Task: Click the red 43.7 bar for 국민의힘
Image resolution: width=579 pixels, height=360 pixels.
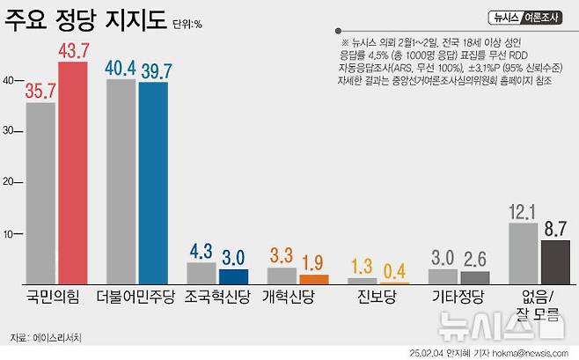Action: click(73, 173)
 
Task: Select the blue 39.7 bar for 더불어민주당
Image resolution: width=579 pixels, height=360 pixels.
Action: click(153, 182)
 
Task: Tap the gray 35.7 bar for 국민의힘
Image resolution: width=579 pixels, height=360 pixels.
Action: click(40, 193)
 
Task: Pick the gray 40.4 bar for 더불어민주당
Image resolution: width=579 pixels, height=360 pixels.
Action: click(121, 180)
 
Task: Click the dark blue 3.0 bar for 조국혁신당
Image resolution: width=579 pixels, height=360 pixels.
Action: click(233, 276)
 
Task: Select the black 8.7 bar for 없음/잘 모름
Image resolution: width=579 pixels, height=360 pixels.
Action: click(556, 261)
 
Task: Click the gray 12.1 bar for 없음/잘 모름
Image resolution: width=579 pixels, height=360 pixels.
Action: click(524, 253)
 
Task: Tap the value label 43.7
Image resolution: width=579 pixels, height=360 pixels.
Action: click(73, 50)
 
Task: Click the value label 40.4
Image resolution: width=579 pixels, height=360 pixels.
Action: click(121, 67)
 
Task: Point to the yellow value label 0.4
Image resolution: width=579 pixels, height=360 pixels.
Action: click(395, 269)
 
